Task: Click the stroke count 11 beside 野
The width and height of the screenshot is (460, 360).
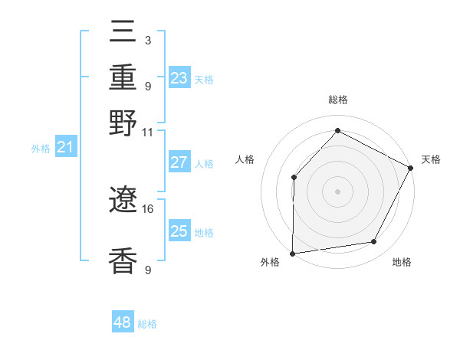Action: (148, 132)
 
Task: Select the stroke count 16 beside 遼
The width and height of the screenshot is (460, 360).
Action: (148, 208)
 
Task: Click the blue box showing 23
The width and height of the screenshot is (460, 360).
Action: (179, 78)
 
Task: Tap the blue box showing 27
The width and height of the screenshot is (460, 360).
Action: (179, 162)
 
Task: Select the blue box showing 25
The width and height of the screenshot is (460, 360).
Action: (179, 231)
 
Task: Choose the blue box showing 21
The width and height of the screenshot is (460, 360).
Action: (64, 147)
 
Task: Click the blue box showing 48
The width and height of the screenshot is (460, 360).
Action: (122, 322)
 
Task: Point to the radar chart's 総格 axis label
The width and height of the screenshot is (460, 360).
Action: (337, 100)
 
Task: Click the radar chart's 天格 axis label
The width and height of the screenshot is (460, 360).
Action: (431, 159)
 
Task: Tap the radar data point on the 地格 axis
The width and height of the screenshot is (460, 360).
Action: (374, 242)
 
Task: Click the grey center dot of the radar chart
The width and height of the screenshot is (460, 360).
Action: (337, 191)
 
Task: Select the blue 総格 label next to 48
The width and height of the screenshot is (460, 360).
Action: (147, 324)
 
